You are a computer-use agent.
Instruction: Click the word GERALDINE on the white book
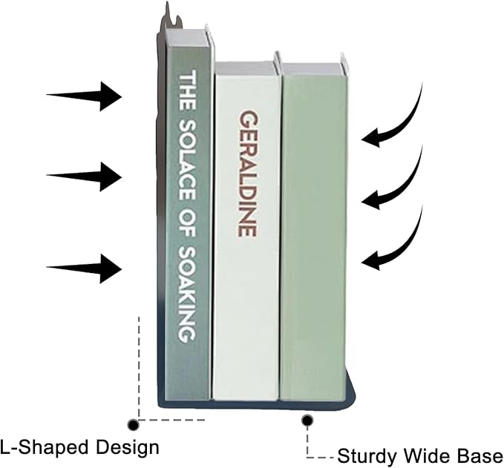point(248,174)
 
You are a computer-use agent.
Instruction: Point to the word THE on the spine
point(187,91)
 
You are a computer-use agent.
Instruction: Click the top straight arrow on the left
point(84,96)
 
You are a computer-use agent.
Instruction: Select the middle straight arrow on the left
point(84,177)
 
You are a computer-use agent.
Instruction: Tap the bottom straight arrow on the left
point(84,268)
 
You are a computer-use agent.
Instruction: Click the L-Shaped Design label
point(79,447)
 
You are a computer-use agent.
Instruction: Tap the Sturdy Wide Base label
point(420,456)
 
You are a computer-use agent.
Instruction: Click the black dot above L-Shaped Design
point(133,425)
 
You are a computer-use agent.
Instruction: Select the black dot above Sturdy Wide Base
point(307,420)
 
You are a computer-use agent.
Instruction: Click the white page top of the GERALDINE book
point(246,68)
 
